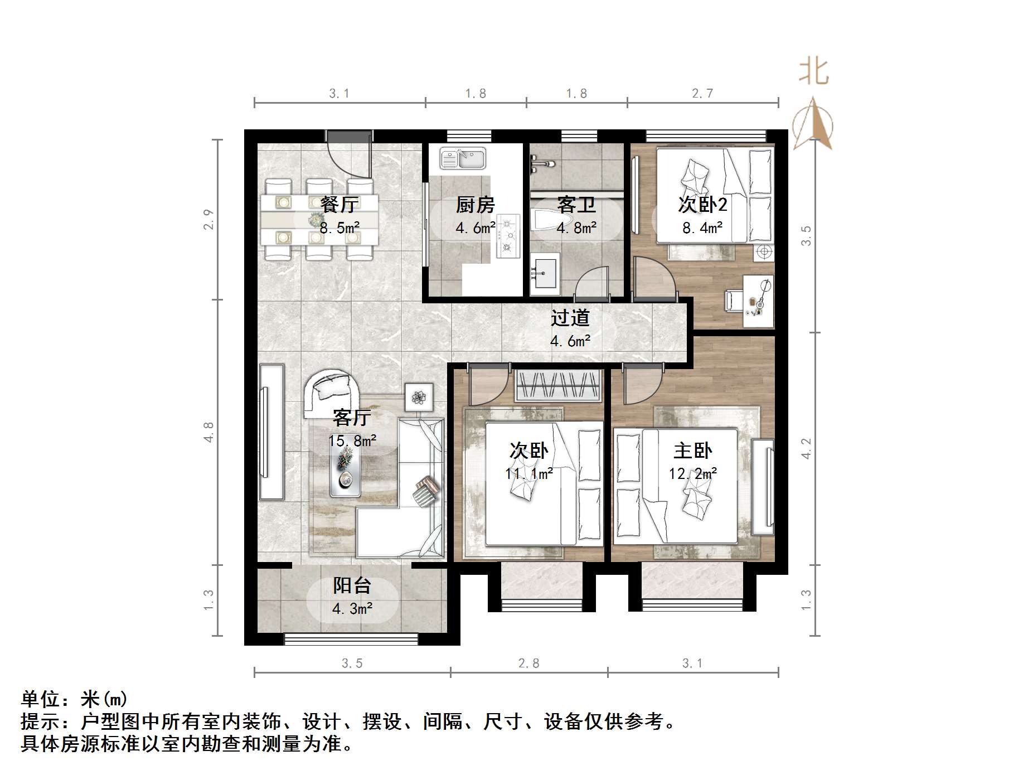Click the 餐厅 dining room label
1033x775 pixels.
pos(339,205)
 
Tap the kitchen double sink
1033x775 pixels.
pos(463,158)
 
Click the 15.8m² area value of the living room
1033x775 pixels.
pos(352,441)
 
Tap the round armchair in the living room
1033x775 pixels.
pos(331,393)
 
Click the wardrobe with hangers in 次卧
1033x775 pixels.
pos(558,385)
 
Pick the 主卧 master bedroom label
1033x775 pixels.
pos(692,451)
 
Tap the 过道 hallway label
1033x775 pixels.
pos(570,318)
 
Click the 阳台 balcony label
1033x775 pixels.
pos(352,585)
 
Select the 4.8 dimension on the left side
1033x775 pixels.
pos(208,433)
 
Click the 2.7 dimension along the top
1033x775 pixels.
pos(702,94)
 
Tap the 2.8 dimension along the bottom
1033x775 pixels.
pos(528,663)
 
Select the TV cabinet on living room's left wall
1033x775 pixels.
pos(271,432)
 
